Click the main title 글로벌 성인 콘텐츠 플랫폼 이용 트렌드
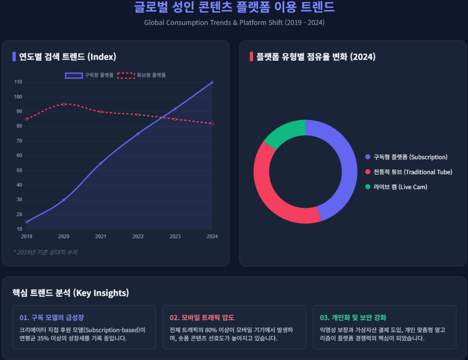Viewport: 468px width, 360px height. tap(234, 7)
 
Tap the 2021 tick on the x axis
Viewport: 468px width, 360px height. tap(101, 236)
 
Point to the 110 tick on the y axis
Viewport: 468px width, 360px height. tap(18, 82)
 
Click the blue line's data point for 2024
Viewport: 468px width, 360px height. tap(212, 82)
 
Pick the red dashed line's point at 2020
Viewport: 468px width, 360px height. tap(64, 104)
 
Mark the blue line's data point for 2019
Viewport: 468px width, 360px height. tap(27, 222)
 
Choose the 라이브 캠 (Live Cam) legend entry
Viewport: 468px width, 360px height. tap(396, 187)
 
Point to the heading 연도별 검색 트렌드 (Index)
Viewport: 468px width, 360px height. tap(67, 57)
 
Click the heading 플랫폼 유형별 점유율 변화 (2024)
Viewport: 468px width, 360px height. tap(316, 57)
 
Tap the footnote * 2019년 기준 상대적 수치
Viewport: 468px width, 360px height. tap(46, 252)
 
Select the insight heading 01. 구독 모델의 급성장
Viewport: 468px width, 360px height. tap(52, 318)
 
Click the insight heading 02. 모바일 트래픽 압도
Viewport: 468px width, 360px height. tap(202, 318)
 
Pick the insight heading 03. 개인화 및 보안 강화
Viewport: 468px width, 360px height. tap(353, 318)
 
